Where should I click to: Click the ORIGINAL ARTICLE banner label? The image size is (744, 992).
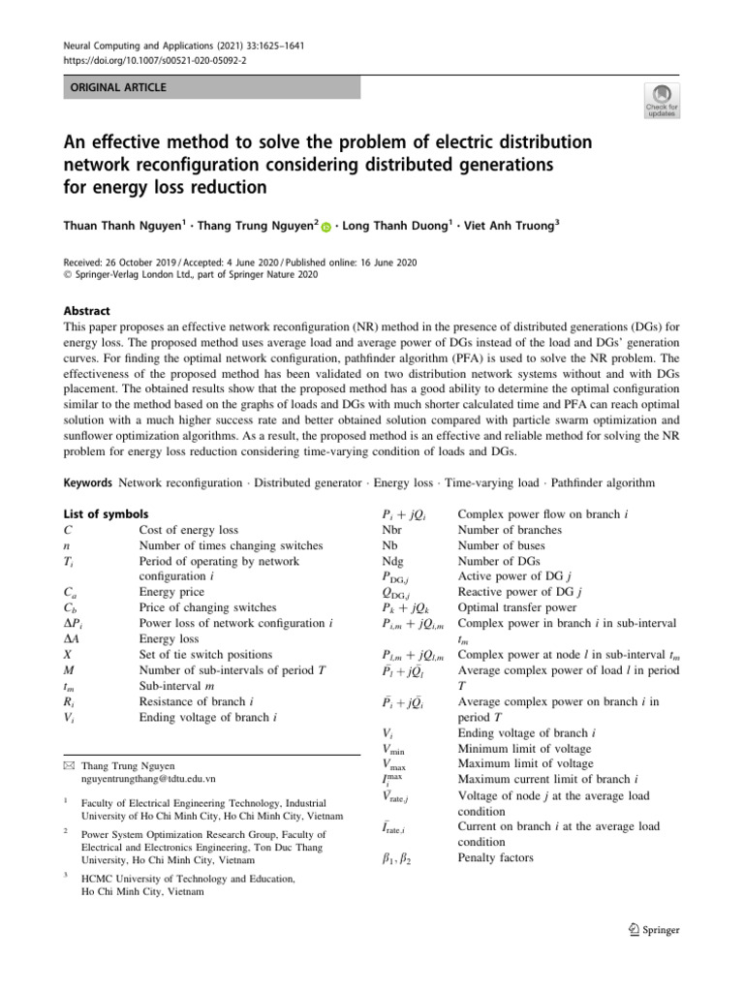114,87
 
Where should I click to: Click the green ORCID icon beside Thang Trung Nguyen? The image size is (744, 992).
323,223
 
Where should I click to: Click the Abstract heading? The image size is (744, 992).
86,311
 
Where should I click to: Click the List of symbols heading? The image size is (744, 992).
105,513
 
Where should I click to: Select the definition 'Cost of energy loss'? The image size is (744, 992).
188,530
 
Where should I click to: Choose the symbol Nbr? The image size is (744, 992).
392,530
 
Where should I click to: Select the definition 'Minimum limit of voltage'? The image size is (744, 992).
524,749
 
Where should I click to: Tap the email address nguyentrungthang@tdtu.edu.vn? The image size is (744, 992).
148,778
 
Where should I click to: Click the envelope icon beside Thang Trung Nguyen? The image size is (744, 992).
68,765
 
